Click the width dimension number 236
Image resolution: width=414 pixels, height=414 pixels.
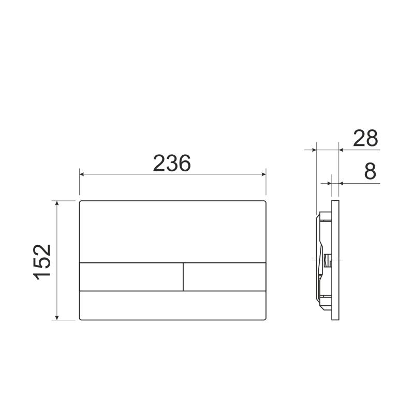(172, 163)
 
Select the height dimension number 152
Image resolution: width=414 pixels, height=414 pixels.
(43, 260)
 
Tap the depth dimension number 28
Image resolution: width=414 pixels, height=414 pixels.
(365, 139)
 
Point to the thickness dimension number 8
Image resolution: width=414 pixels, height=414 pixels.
(369, 171)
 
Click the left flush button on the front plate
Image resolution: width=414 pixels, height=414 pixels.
(131, 276)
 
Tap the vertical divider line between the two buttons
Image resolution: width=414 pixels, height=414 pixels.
(183, 276)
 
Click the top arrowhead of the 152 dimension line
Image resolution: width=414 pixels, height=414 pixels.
(58, 203)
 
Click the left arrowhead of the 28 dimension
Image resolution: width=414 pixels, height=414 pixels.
(312, 150)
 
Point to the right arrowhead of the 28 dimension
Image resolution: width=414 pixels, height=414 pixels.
(342, 150)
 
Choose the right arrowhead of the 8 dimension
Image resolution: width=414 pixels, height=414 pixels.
(342, 183)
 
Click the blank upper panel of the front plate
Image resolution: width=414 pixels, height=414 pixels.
(173, 231)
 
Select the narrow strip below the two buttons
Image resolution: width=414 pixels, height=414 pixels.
(173, 305)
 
